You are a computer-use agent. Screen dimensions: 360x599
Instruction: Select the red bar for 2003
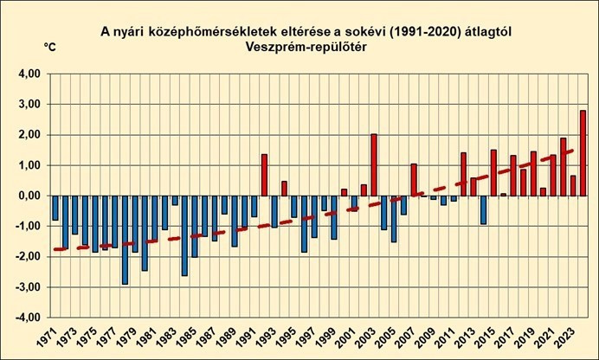click(373, 164)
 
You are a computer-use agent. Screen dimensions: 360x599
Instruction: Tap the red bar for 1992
click(264, 175)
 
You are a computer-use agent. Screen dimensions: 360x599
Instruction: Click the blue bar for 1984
click(184, 235)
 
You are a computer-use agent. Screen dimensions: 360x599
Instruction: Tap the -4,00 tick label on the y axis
click(29, 318)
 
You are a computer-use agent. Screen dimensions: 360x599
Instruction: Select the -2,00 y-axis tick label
click(29, 257)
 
